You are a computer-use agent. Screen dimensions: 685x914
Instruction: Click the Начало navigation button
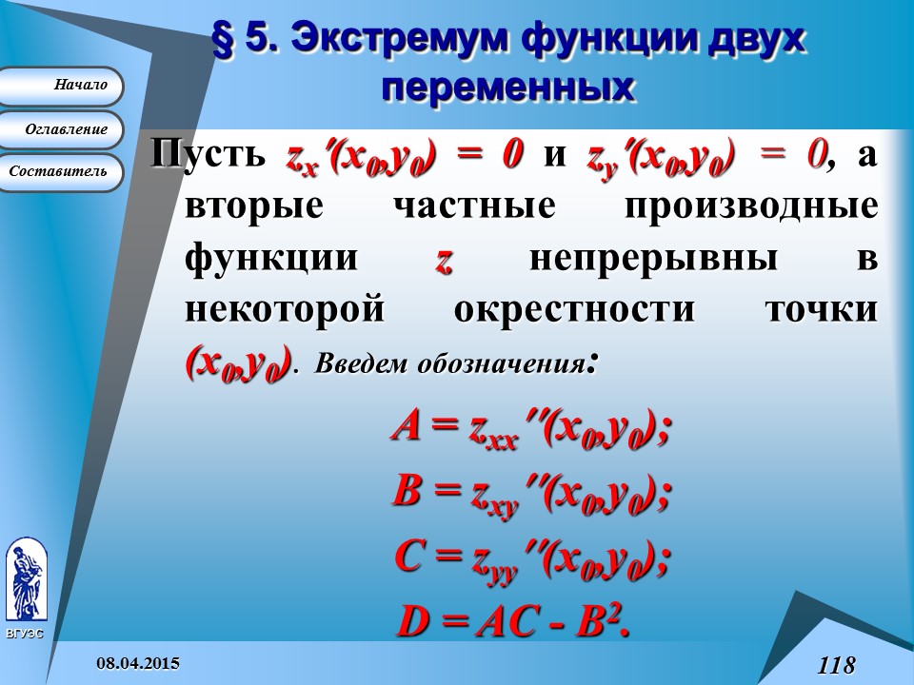point(64,86)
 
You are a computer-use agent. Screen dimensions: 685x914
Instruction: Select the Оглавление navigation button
point(64,129)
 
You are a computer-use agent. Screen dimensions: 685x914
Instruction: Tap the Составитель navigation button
point(64,172)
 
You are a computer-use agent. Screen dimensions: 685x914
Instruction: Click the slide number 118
point(836,664)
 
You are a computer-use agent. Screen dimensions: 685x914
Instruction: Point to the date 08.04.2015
point(140,662)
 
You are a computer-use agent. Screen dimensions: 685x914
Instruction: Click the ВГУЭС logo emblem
point(26,580)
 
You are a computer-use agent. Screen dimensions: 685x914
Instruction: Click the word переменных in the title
point(507,87)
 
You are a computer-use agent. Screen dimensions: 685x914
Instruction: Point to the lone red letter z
point(443,261)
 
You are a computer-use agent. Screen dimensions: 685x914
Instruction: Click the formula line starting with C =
point(531,559)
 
